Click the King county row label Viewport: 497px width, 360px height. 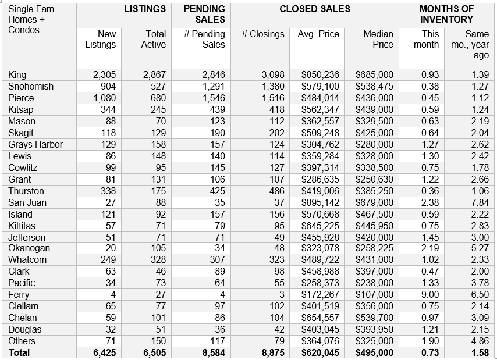(17, 75)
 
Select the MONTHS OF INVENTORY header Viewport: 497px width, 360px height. (446, 14)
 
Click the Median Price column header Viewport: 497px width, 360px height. (378, 39)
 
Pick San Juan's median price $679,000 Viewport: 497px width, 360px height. (374, 202)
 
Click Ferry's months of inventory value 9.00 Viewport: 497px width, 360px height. (430, 294)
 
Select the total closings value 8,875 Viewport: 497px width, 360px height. (271, 352)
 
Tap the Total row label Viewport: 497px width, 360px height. (19, 352)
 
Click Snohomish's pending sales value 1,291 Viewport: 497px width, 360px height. (213, 87)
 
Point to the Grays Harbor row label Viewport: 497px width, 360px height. (35, 144)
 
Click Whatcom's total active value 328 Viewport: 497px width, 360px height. (158, 259)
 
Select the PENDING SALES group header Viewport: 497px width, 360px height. (204, 14)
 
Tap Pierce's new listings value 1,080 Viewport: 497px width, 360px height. (104, 98)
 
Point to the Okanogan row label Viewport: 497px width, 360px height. (29, 248)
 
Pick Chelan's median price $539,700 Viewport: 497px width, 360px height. (374, 318)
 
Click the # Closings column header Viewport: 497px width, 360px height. (263, 34)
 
